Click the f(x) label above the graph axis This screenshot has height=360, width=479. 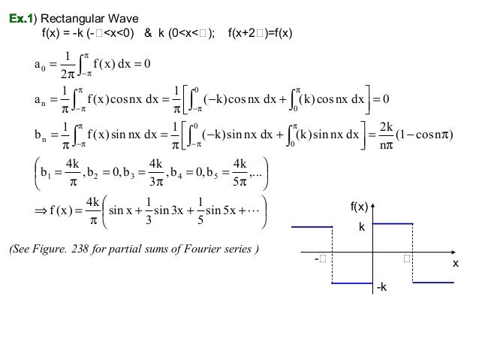click(x=361, y=204)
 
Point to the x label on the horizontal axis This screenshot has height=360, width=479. click(x=454, y=265)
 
